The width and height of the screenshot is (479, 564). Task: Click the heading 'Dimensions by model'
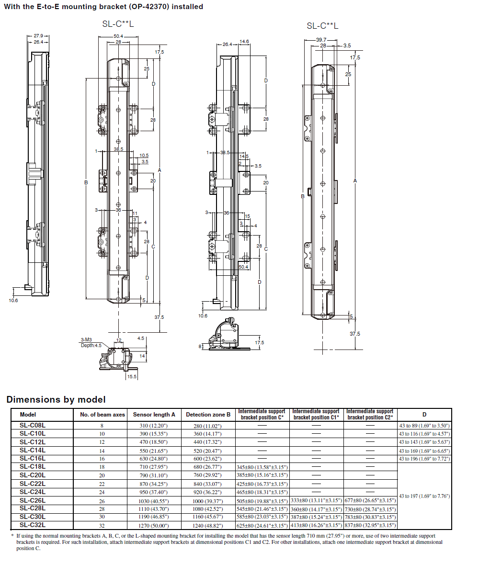[56, 400]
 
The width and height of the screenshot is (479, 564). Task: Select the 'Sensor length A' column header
[154, 415]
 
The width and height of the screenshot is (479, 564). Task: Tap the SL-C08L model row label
[33, 425]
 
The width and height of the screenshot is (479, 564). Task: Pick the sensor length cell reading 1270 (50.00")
[154, 526]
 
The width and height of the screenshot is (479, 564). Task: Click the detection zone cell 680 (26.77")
[208, 467]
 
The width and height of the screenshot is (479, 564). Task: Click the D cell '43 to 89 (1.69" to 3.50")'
[424, 425]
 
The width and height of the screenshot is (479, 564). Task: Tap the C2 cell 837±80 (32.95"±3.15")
[370, 526]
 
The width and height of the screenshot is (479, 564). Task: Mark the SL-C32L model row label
[33, 526]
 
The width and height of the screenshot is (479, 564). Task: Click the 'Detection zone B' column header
[208, 415]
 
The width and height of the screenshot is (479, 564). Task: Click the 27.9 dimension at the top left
[38, 36]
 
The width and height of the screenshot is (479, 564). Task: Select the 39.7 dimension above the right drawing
[321, 40]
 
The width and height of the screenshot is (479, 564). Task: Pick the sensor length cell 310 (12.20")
[154, 425]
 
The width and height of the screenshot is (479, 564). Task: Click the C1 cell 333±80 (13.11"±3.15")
[316, 500]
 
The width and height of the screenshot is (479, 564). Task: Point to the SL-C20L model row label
[33, 475]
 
